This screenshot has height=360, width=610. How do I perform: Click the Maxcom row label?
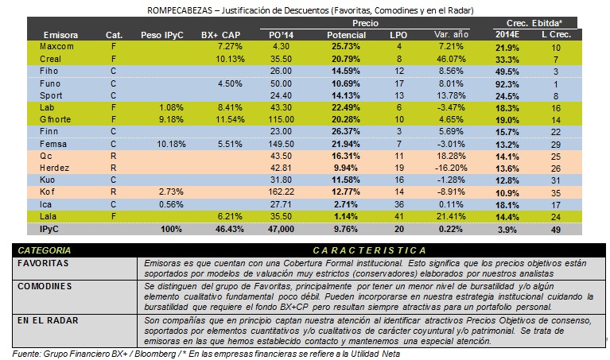click(56, 47)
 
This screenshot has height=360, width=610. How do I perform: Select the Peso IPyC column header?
click(161, 35)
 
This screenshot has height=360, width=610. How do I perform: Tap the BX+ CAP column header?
click(220, 35)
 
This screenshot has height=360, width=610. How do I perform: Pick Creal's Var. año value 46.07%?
click(450, 59)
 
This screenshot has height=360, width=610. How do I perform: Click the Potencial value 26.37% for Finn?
click(345, 131)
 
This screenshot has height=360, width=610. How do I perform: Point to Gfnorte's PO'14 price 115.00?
click(281, 119)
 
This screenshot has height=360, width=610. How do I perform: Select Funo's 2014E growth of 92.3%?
click(507, 84)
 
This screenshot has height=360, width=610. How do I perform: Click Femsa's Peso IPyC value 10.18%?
click(171, 144)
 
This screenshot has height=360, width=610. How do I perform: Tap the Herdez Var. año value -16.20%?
click(450, 168)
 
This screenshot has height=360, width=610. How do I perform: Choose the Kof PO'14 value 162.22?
click(281, 192)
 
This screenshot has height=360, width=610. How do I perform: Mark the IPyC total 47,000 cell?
click(281, 230)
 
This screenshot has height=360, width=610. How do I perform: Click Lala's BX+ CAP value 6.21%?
click(230, 216)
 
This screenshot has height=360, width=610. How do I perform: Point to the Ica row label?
click(45, 204)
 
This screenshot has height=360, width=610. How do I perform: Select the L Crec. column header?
click(556, 35)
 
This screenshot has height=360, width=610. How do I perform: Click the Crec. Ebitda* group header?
click(534, 23)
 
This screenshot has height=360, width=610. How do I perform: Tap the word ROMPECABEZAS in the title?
click(180, 10)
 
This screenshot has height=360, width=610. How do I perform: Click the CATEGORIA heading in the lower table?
click(45, 250)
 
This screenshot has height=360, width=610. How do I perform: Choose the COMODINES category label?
click(45, 287)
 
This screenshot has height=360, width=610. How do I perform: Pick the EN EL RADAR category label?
click(48, 321)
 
